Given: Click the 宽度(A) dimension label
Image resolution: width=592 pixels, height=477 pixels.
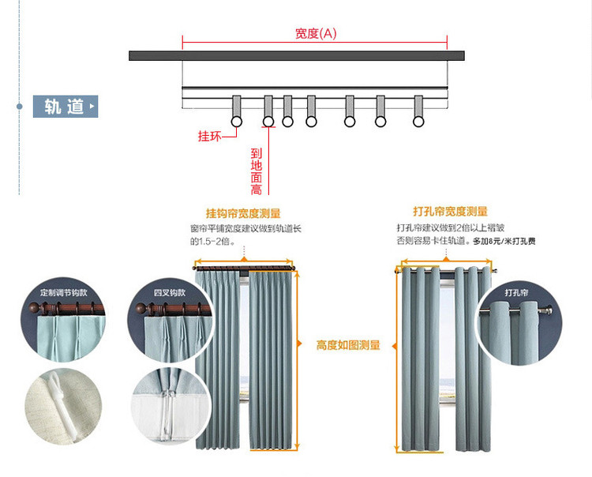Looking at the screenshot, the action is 316,33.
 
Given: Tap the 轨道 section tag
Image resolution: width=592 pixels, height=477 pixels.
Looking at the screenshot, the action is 65,107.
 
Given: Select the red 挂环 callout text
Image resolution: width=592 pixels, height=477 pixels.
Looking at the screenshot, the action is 208,136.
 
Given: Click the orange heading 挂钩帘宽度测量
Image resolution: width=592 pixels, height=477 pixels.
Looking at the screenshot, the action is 243,213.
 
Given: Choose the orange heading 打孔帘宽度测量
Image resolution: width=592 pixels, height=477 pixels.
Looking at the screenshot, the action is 450,212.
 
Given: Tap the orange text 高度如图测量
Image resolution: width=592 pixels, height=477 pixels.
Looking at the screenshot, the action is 348,345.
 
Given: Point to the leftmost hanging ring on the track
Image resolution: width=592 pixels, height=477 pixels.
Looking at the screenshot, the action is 236,121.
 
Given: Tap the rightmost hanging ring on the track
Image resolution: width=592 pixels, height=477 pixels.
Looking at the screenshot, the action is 418,121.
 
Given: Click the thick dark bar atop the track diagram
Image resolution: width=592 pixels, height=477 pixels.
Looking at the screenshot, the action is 296,56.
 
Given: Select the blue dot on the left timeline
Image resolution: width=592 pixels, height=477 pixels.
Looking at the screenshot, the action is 19,105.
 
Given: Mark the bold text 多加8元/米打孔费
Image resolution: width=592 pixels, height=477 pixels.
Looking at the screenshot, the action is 505,241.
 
